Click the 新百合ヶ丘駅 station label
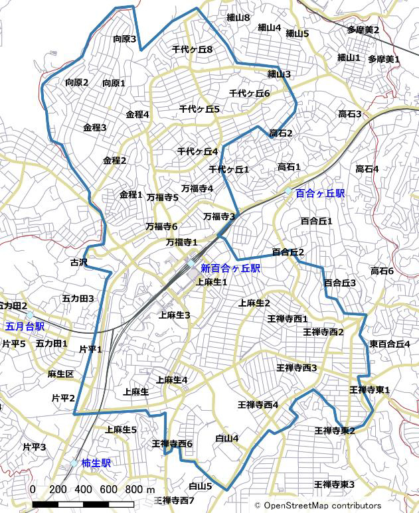tap(230, 269)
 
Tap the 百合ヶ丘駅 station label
tap(321, 194)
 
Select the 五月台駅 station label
tap(25, 327)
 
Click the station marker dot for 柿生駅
tap(74, 463)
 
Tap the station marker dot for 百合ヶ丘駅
tap(288, 191)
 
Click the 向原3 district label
tap(124, 39)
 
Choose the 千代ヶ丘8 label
tap(192, 50)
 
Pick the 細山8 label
tap(238, 18)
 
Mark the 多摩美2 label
tap(363, 30)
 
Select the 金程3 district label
tap(95, 127)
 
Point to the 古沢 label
tap(78, 263)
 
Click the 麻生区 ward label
tap(60, 374)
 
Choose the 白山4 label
tap(227, 438)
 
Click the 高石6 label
tap(382, 271)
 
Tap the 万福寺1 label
tap(182, 242)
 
